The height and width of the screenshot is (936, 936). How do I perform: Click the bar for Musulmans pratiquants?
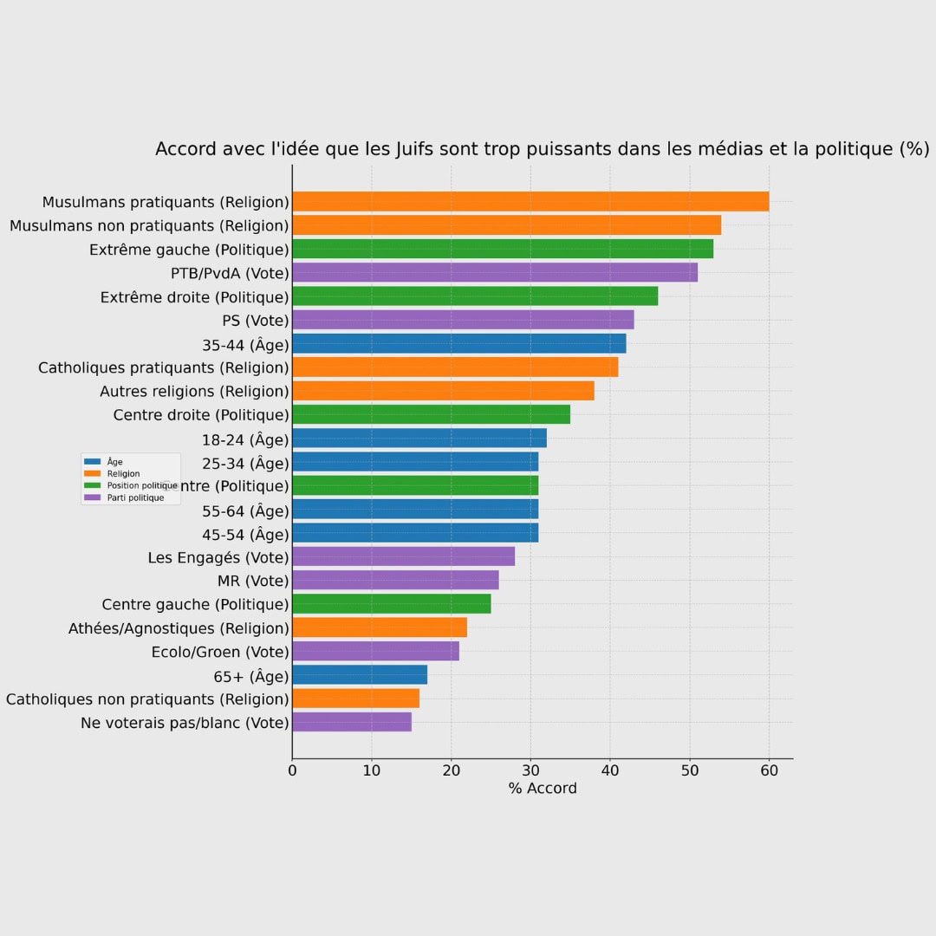click(x=530, y=202)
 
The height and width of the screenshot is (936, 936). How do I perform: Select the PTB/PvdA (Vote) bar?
click(x=495, y=273)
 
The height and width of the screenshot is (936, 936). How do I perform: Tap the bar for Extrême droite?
click(x=475, y=296)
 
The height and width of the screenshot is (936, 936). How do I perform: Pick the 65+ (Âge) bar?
click(x=360, y=675)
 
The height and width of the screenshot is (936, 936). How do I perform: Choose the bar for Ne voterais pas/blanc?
click(x=352, y=722)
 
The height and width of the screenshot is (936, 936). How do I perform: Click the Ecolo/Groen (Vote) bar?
click(x=375, y=651)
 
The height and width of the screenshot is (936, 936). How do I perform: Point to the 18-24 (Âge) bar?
click(x=419, y=439)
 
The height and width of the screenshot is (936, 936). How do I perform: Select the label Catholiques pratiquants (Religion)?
click(x=163, y=367)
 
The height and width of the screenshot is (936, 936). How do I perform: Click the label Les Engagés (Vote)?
click(x=218, y=557)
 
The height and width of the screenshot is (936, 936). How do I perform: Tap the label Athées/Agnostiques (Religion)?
click(x=179, y=628)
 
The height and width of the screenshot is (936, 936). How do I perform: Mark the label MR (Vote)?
click(x=253, y=581)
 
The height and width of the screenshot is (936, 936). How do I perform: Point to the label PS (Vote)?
click(x=256, y=321)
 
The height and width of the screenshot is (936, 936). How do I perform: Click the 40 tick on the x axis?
click(x=610, y=768)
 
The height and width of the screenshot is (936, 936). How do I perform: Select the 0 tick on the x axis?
click(x=292, y=768)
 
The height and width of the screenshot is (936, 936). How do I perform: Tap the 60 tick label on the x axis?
click(x=769, y=768)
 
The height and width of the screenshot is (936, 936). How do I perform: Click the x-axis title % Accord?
click(x=543, y=788)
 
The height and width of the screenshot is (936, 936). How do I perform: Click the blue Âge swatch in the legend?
click(x=93, y=462)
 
